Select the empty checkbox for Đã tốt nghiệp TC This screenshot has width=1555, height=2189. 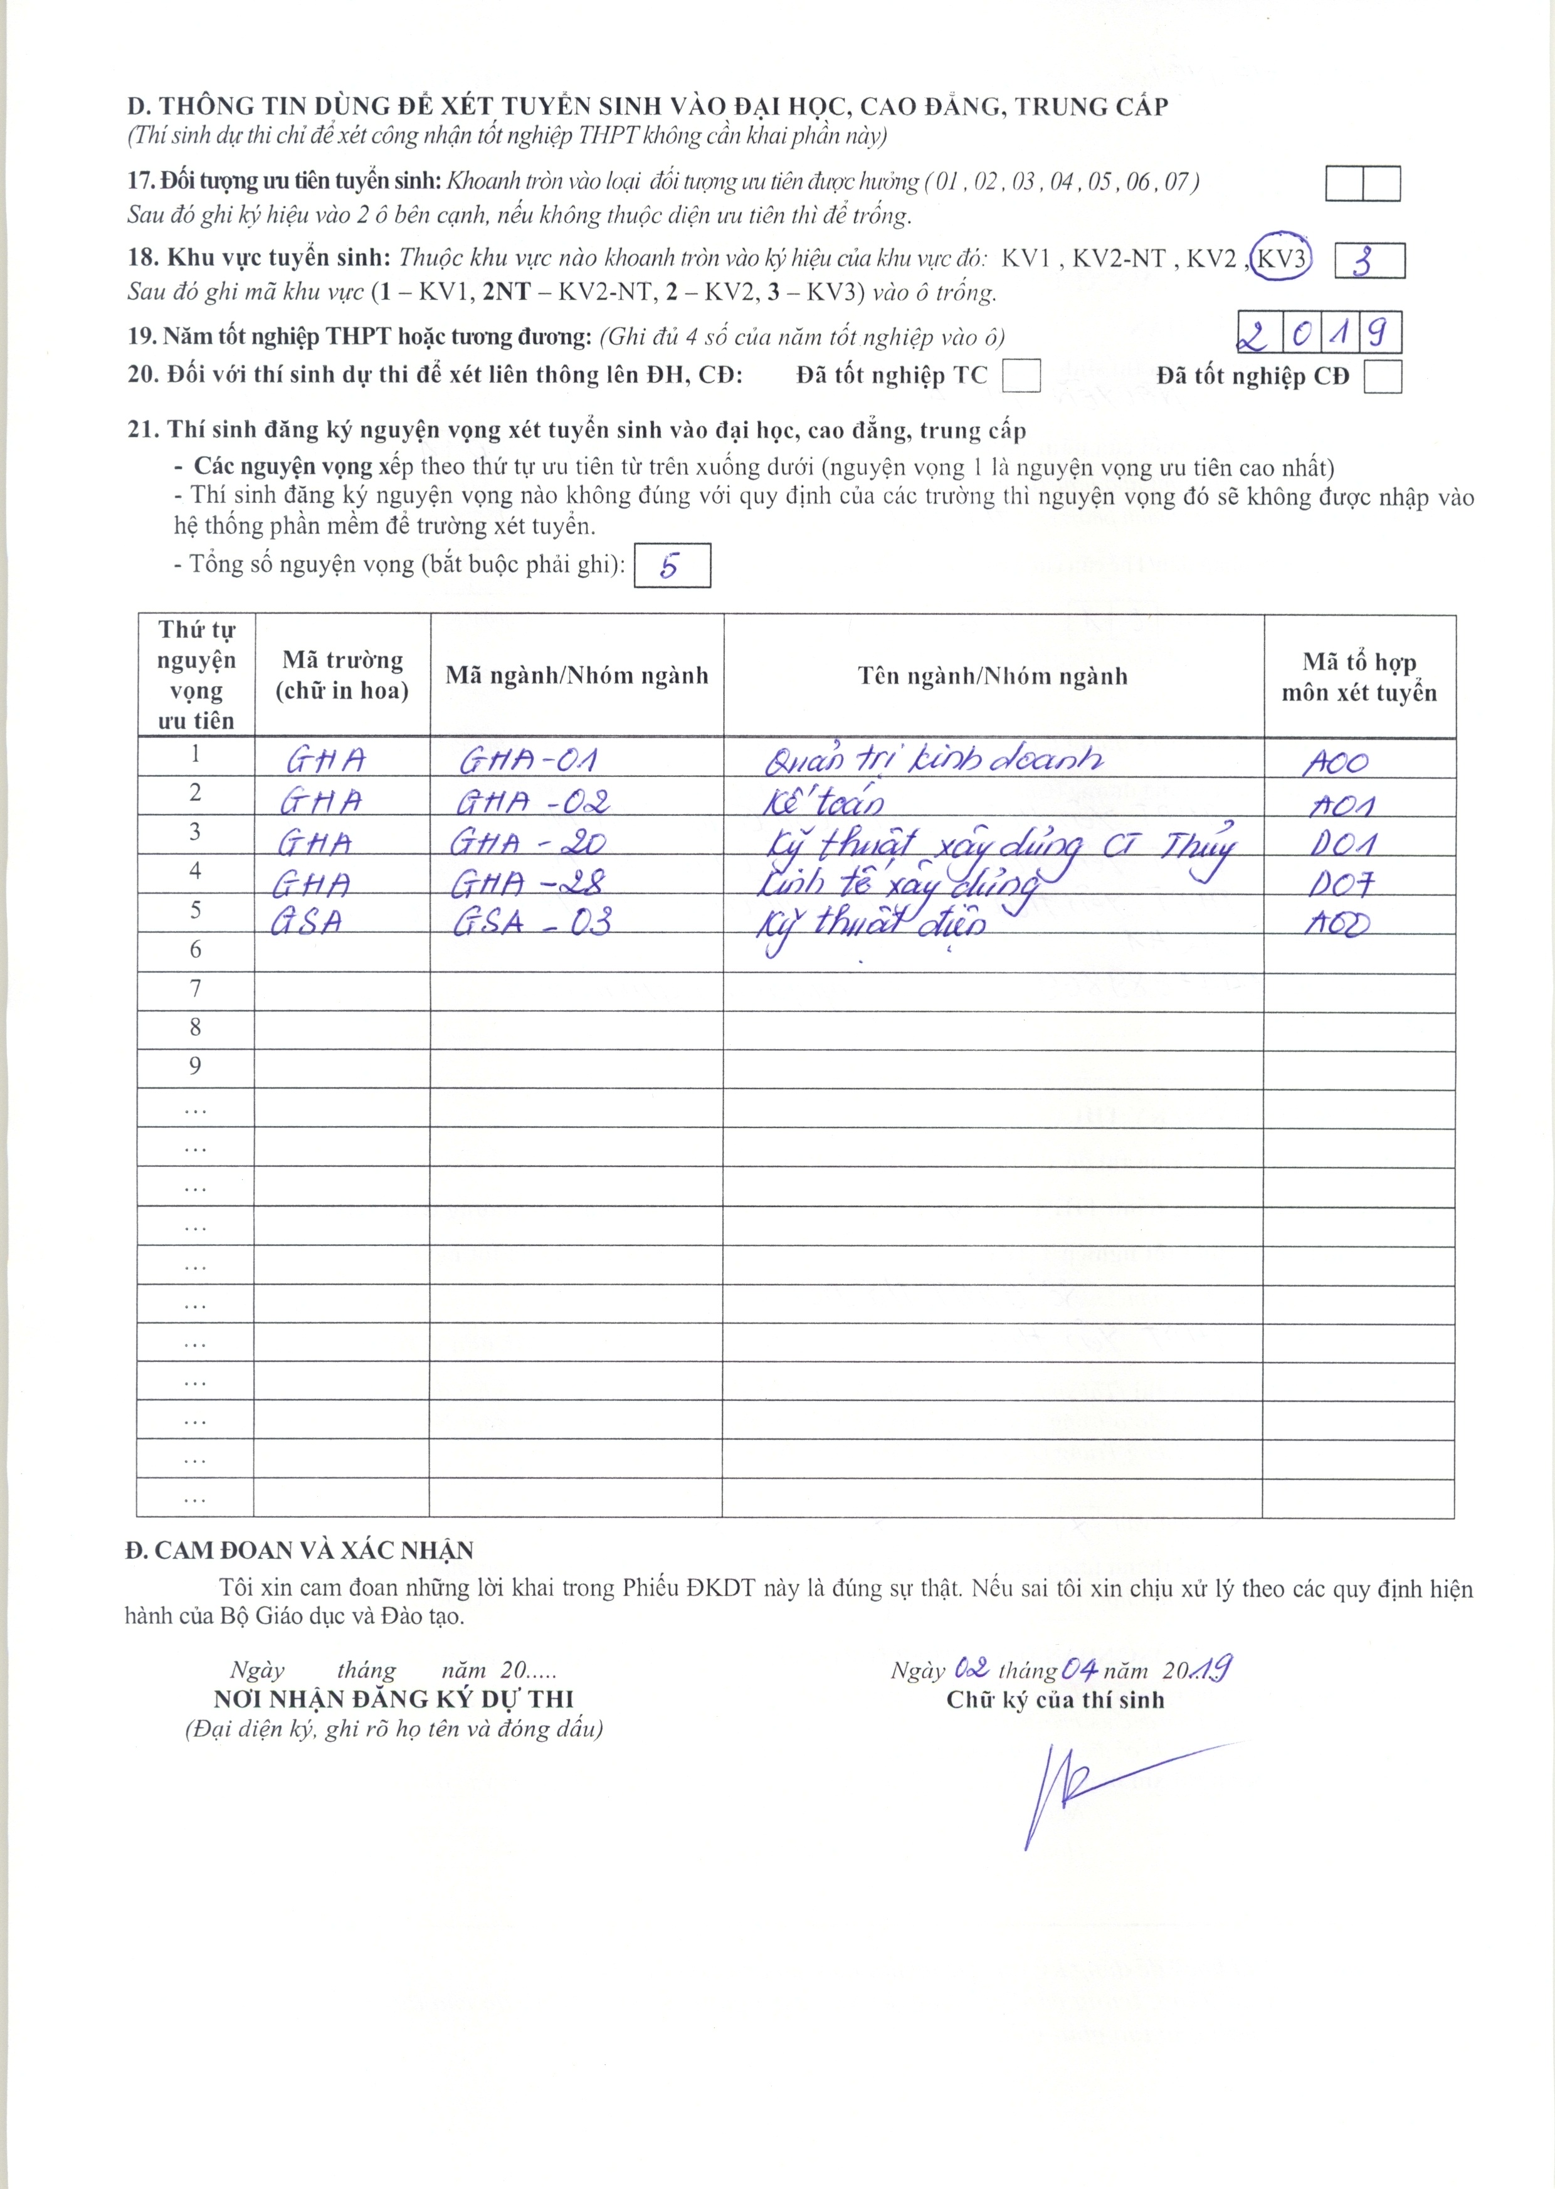(x=1021, y=376)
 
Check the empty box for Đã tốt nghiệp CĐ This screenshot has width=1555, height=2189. (x=1383, y=376)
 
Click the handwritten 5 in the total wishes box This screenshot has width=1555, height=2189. (x=670, y=566)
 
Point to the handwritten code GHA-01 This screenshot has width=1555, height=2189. (x=529, y=761)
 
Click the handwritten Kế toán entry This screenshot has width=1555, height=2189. (x=823, y=801)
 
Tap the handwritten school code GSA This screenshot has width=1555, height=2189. (x=307, y=921)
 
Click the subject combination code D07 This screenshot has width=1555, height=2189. (x=1341, y=884)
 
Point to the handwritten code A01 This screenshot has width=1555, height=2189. (x=1341, y=805)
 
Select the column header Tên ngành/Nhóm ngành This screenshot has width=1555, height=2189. (x=993, y=676)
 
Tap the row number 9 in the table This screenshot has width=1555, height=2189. (x=196, y=1067)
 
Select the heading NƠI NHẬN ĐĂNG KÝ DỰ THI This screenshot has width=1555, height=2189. (x=394, y=1700)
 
